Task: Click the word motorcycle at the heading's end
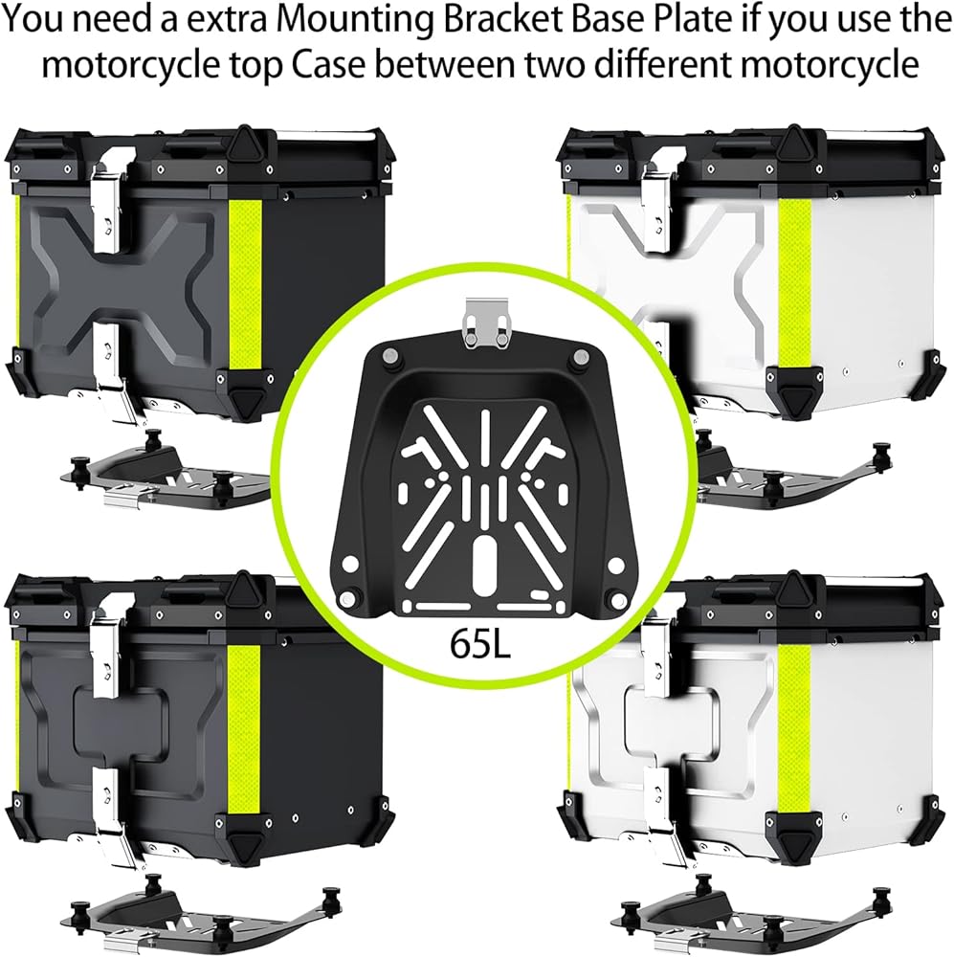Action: point(822,64)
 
